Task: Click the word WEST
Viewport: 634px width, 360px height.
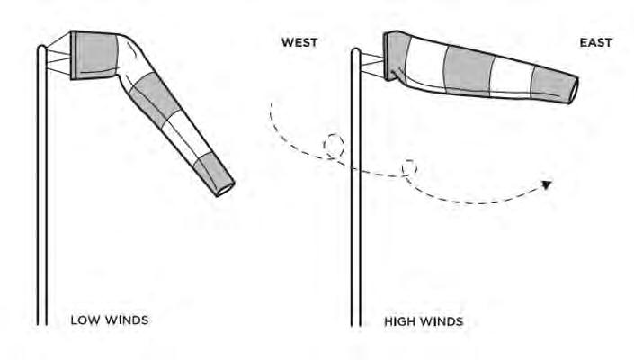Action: pos(299,42)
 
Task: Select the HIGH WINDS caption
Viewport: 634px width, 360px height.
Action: pos(422,319)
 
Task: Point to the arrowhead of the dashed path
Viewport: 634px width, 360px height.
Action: pos(546,186)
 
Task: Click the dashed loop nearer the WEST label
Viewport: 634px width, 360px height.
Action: pos(335,147)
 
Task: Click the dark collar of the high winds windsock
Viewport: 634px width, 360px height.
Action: pos(394,56)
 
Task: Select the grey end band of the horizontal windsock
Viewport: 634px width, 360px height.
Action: pos(550,84)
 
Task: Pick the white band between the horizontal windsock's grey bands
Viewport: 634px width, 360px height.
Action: pos(511,76)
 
